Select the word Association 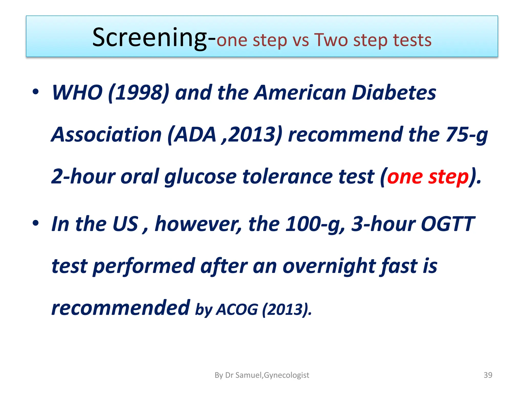point(106,135)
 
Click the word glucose point(200,177)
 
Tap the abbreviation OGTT point(448,224)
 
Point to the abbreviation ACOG point(237,310)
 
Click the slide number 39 point(488,375)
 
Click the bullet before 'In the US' point(36,223)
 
